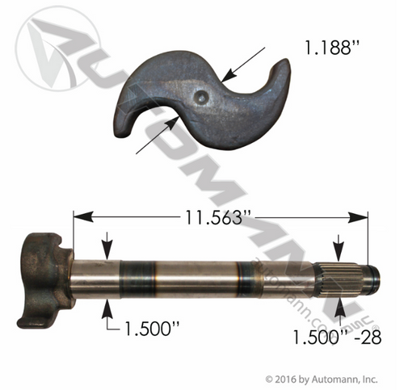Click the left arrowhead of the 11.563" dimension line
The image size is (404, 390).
[78, 216]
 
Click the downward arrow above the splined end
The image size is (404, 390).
[340, 247]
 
